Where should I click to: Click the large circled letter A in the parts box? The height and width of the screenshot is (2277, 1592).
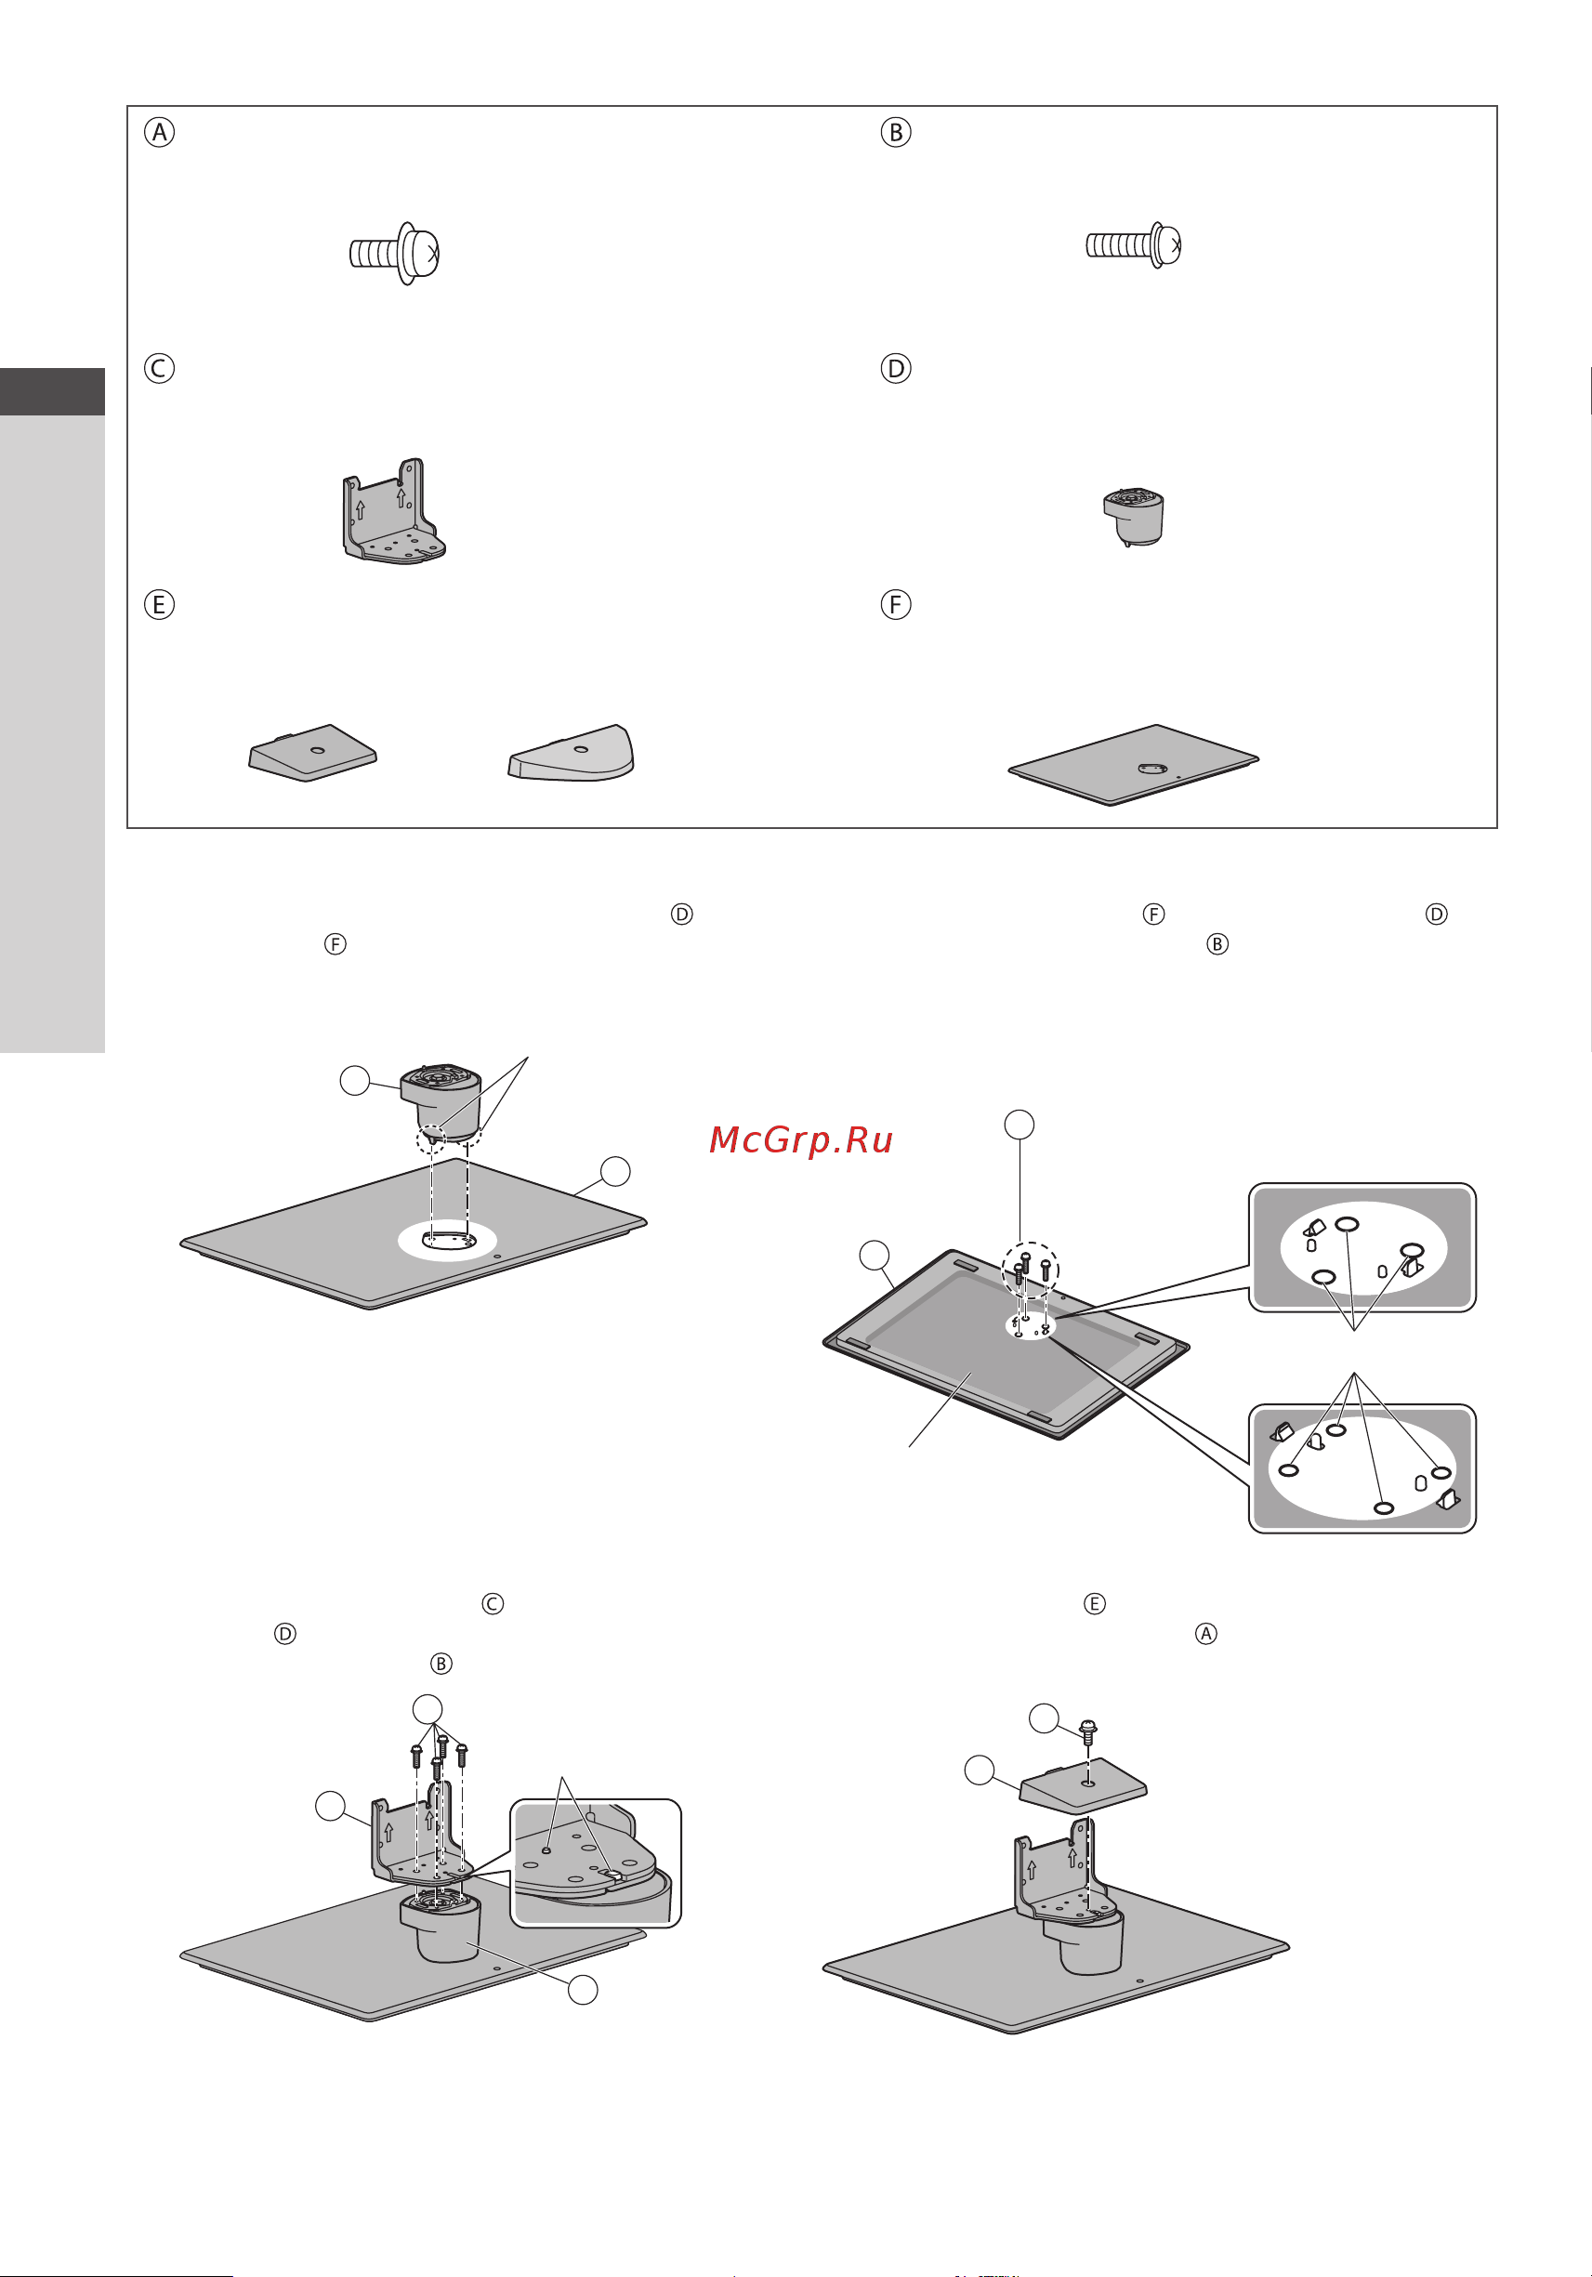click(x=159, y=132)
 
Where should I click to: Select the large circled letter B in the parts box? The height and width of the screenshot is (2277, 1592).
click(x=896, y=132)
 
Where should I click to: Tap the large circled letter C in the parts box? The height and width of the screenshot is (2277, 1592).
click(x=159, y=368)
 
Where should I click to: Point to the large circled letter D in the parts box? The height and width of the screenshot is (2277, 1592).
click(x=896, y=368)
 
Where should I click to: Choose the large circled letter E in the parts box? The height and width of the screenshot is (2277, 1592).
click(x=159, y=604)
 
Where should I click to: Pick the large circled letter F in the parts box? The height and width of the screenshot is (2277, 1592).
click(x=896, y=604)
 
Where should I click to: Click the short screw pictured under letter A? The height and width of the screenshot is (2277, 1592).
click(x=395, y=253)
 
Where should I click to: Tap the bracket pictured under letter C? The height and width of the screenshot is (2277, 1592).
click(x=394, y=511)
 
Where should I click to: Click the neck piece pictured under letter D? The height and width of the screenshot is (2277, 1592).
click(x=1134, y=517)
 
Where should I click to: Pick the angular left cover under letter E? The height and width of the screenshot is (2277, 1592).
click(x=312, y=753)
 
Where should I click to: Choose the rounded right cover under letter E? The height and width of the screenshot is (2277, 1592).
click(x=572, y=753)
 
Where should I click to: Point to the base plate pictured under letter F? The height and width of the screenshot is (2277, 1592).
click(x=1134, y=765)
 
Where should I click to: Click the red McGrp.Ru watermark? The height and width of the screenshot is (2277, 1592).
click(x=801, y=1140)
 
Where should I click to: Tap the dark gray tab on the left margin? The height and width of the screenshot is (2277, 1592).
click(x=53, y=391)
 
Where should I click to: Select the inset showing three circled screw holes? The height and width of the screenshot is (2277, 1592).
click(x=1362, y=1247)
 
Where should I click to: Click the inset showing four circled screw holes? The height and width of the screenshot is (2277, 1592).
click(x=1362, y=1468)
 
